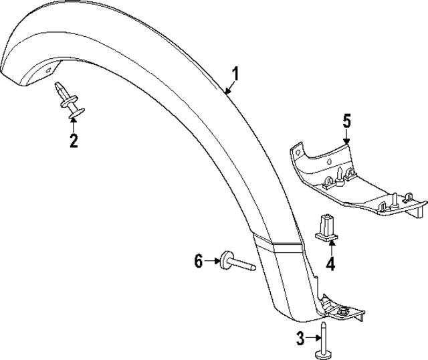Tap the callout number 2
[74, 141]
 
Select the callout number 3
[300, 338]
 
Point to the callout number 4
[330, 264]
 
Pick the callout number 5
[346, 121]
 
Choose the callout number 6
[198, 262]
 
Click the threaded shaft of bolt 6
[244, 266]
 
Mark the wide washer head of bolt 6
[225, 258]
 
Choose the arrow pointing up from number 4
[329, 248]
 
